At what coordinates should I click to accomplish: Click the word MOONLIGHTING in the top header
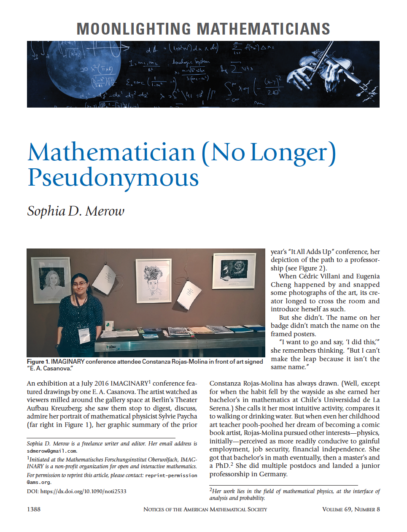pos(134,29)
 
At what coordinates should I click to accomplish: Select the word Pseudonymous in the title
pos(113,178)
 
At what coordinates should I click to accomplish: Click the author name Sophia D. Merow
pos(76,211)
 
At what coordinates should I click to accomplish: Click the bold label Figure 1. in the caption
pos(38,362)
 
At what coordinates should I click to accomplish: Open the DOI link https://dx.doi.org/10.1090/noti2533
pos(83,491)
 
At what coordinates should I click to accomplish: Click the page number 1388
pos(34,509)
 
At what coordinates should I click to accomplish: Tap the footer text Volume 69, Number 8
pos(351,509)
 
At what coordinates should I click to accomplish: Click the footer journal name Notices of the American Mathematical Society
pos(205,509)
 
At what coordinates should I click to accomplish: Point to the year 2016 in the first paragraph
pos(101,383)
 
